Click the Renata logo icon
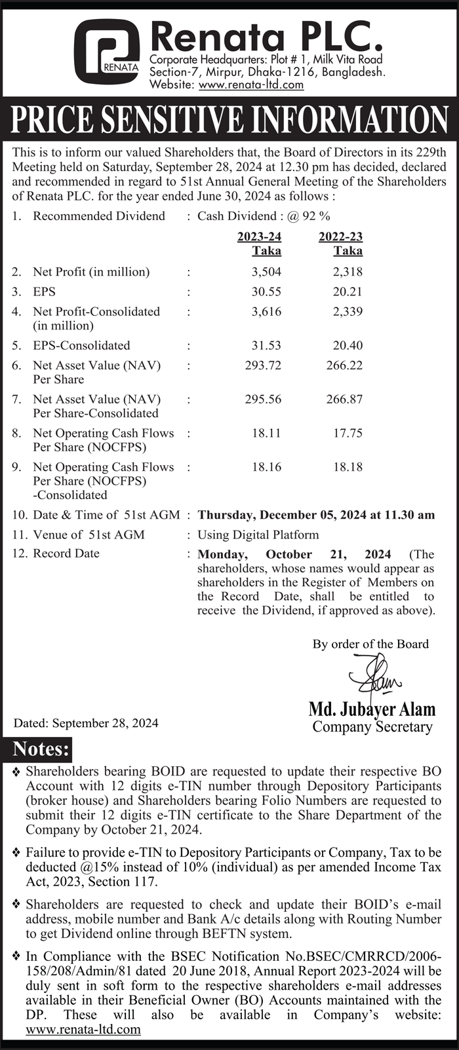[x=106, y=51]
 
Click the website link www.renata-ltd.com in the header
[x=251, y=84]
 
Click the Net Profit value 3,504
[x=266, y=272]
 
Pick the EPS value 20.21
[x=348, y=291]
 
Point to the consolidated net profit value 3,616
[x=266, y=312]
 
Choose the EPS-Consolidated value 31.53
[x=266, y=345]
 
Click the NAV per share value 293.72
[x=263, y=366]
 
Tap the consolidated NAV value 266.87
[x=344, y=399]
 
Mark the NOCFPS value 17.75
[x=348, y=433]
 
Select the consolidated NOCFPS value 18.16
[x=266, y=467]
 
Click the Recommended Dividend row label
[x=99, y=216]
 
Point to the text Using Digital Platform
[x=258, y=534]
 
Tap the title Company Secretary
[x=372, y=726]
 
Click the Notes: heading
[x=41, y=749]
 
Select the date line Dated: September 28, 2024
[x=86, y=724]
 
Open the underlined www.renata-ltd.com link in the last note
[x=83, y=1029]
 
